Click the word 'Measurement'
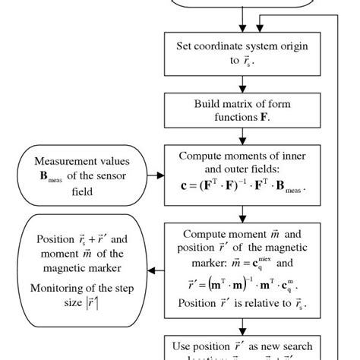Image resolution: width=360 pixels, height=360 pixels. click(x=67, y=162)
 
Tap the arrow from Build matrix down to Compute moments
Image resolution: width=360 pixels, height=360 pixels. click(x=241, y=137)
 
